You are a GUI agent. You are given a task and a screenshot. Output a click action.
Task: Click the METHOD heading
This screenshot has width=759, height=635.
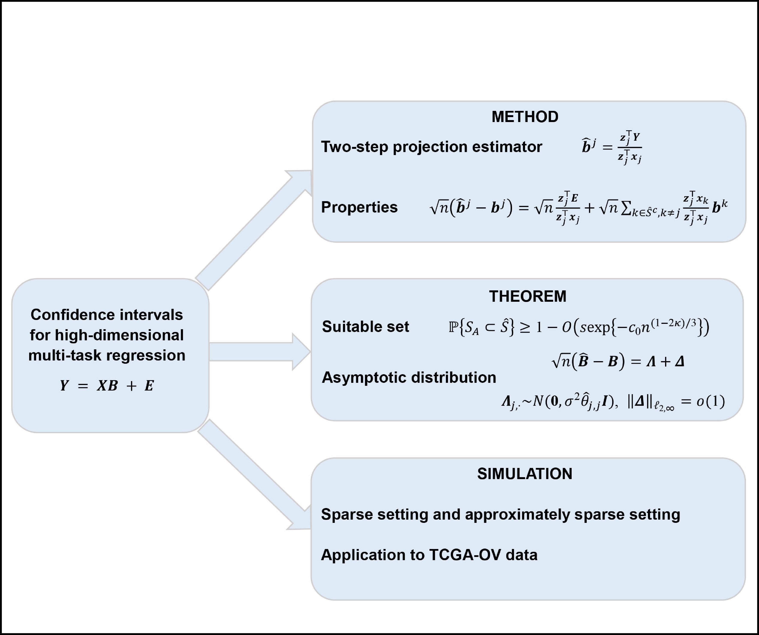(x=525, y=117)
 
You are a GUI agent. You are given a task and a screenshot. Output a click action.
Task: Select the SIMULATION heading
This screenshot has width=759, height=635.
(x=524, y=474)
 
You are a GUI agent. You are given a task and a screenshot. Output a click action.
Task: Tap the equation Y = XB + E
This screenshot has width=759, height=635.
(x=107, y=386)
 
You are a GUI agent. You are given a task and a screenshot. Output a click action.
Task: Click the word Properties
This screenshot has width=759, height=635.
(x=359, y=207)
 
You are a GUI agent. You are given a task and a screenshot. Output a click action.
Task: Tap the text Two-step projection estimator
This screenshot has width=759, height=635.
(x=432, y=147)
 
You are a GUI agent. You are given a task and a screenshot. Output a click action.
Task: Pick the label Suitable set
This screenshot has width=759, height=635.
(x=365, y=326)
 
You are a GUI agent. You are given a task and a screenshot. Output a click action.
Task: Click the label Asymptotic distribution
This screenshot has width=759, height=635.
(x=409, y=377)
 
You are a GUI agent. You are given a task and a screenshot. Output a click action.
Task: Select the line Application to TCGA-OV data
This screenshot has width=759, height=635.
(x=429, y=555)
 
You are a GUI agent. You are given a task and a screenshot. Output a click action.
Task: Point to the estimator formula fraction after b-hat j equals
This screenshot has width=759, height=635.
(x=630, y=148)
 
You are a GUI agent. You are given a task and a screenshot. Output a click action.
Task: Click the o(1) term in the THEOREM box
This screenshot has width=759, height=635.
(x=711, y=401)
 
